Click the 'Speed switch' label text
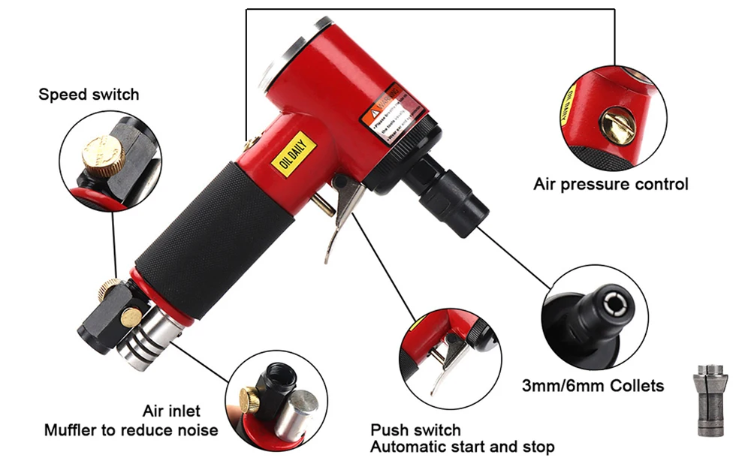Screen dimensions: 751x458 coord(89,95)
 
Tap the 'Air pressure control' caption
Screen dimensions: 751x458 coord(611,184)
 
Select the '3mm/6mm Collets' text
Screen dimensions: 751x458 coord(593,386)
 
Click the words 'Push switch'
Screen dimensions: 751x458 coord(415,430)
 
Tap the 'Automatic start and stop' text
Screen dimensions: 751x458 coord(463,447)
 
